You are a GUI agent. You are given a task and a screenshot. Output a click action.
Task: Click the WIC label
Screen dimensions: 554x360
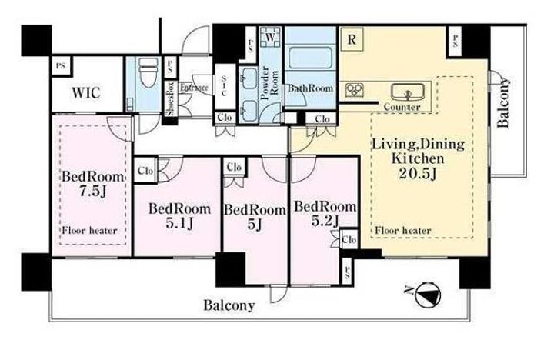pos(86,93)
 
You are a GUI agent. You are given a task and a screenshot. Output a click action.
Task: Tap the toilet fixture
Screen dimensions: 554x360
pos(148,74)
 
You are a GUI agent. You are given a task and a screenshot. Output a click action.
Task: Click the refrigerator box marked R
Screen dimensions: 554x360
pos(352,39)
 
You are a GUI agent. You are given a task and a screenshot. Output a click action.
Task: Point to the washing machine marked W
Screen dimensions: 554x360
pos(271,37)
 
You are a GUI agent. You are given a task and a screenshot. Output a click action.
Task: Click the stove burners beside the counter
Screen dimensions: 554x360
pos(354,91)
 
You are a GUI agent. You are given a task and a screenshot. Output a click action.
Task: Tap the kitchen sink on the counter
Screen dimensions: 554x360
pos(408,92)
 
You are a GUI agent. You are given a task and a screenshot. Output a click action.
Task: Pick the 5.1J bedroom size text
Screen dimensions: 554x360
pos(179,223)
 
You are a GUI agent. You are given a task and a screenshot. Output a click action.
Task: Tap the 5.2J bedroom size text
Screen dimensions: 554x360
pos(325,222)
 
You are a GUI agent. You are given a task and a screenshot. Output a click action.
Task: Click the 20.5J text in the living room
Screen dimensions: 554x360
pos(418,173)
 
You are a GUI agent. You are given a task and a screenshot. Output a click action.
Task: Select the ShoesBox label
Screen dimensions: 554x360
pos(171,99)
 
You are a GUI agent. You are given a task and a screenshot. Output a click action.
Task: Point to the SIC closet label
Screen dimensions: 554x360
pos(224,87)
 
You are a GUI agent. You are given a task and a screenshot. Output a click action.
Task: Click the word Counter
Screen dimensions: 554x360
pos(402,107)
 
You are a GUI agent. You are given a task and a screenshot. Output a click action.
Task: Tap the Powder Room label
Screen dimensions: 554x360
pos(269,83)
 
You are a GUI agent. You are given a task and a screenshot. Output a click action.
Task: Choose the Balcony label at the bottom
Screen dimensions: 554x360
pos(229,305)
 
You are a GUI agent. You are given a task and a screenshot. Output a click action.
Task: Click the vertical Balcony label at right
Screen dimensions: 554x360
pos(503,102)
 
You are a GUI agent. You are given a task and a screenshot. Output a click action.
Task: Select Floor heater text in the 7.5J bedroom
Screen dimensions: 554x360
pos(89,231)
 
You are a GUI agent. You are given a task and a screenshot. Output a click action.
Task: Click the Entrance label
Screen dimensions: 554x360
pos(194,87)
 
